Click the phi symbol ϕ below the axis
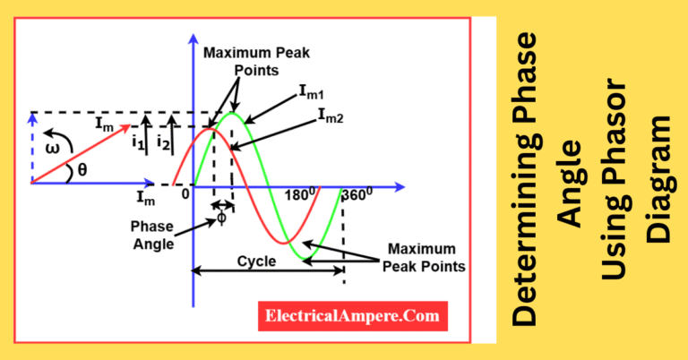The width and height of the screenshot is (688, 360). (x=221, y=218)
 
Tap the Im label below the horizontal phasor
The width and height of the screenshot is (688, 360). (x=145, y=196)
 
